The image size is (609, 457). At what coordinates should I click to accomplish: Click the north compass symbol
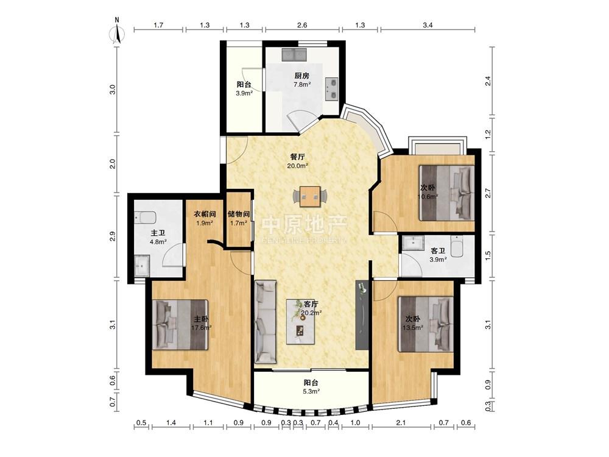pyautogui.click(x=118, y=31)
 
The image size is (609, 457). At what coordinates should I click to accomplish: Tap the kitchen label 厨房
pyautogui.click(x=302, y=76)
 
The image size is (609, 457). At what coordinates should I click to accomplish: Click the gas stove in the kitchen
pyautogui.click(x=332, y=89)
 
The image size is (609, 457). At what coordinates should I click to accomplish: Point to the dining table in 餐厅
pyautogui.click(x=313, y=196)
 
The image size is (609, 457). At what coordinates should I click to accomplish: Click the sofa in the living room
pyautogui.click(x=266, y=322)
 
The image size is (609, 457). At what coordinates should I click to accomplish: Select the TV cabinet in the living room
pyautogui.click(x=362, y=315)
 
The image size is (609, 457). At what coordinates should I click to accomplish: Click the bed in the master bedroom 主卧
pyautogui.click(x=180, y=325)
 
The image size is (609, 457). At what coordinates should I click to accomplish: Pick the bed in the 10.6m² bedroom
pyautogui.click(x=446, y=193)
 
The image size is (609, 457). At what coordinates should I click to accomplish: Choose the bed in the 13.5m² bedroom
pyautogui.click(x=426, y=324)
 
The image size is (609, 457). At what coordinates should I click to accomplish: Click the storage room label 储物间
pyautogui.click(x=239, y=214)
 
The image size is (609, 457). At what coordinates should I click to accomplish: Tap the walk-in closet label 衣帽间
pyautogui.click(x=205, y=214)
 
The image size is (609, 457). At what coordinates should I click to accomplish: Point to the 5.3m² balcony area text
pyautogui.click(x=311, y=391)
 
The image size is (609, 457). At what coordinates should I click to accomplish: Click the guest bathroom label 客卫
pyautogui.click(x=437, y=251)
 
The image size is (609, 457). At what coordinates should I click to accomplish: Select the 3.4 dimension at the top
pyautogui.click(x=428, y=25)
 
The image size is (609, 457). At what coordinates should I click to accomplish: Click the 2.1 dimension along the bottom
pyautogui.click(x=401, y=422)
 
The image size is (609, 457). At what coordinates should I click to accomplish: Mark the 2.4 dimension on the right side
pyautogui.click(x=488, y=81)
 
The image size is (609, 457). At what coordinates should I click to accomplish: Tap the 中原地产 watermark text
pyautogui.click(x=304, y=225)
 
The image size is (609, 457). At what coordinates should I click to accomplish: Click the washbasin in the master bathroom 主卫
pyautogui.click(x=142, y=266)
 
